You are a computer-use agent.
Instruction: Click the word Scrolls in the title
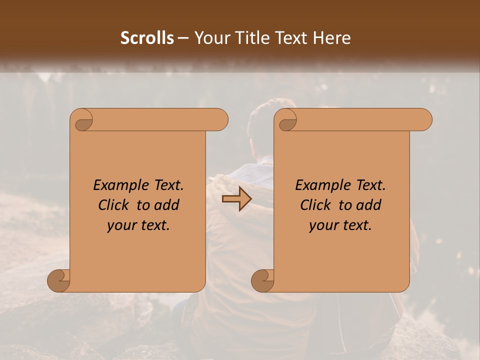click(x=147, y=38)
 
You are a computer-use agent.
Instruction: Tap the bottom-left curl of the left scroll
click(x=58, y=280)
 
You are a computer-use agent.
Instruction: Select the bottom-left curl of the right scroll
click(x=262, y=280)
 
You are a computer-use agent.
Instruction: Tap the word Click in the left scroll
click(x=113, y=205)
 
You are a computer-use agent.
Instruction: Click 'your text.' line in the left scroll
click(x=138, y=225)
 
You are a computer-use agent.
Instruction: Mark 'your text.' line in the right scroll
click(x=340, y=225)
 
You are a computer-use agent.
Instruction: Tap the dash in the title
click(x=183, y=38)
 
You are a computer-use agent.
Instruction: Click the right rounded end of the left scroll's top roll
click(x=220, y=119)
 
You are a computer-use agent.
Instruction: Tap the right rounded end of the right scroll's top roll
click(x=424, y=119)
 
